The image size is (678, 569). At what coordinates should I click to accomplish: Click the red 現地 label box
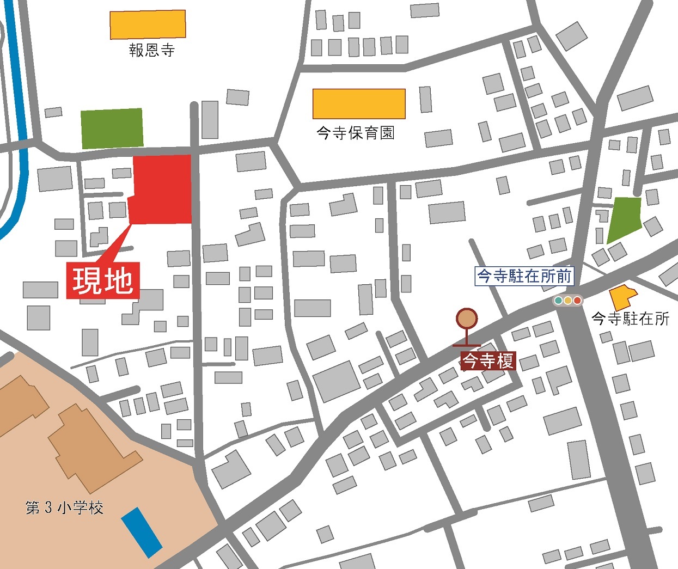[103, 280]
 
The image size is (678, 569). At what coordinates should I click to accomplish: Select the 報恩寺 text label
[151, 51]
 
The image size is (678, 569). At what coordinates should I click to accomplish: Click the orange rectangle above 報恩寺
[148, 25]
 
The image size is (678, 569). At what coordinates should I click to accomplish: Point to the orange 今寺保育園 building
[359, 103]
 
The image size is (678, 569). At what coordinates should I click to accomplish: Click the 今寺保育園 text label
[355, 133]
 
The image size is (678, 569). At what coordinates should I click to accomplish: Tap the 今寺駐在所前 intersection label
[524, 276]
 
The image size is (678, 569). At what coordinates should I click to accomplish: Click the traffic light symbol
[568, 300]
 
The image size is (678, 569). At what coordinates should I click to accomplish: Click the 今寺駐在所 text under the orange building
[630, 319]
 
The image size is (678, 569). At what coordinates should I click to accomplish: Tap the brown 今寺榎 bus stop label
[488, 360]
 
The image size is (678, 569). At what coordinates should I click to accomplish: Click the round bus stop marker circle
[467, 319]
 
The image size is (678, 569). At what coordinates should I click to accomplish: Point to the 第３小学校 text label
[64, 508]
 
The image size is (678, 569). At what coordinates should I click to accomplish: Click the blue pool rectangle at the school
[142, 533]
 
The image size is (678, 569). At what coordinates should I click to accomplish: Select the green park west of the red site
[112, 129]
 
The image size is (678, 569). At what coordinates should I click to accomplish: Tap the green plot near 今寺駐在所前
[624, 219]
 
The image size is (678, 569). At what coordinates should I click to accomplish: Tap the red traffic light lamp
[577, 300]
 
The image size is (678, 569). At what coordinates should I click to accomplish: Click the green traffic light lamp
[559, 300]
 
